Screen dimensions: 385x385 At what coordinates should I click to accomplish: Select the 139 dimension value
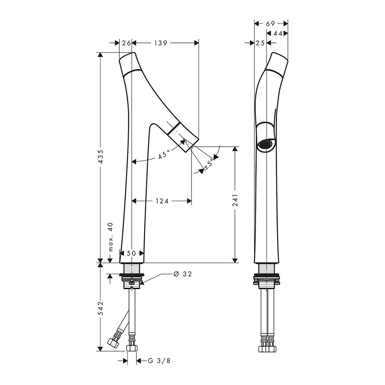click(x=161, y=43)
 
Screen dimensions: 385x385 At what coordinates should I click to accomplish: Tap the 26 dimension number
click(x=126, y=43)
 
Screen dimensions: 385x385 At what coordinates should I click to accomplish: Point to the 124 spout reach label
click(x=162, y=201)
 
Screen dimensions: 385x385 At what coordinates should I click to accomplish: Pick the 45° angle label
click(x=164, y=155)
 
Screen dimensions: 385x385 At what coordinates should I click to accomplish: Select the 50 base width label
click(x=131, y=253)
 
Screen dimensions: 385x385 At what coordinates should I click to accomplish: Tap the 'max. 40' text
click(x=111, y=237)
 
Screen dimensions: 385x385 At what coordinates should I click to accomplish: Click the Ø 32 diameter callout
click(x=182, y=274)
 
